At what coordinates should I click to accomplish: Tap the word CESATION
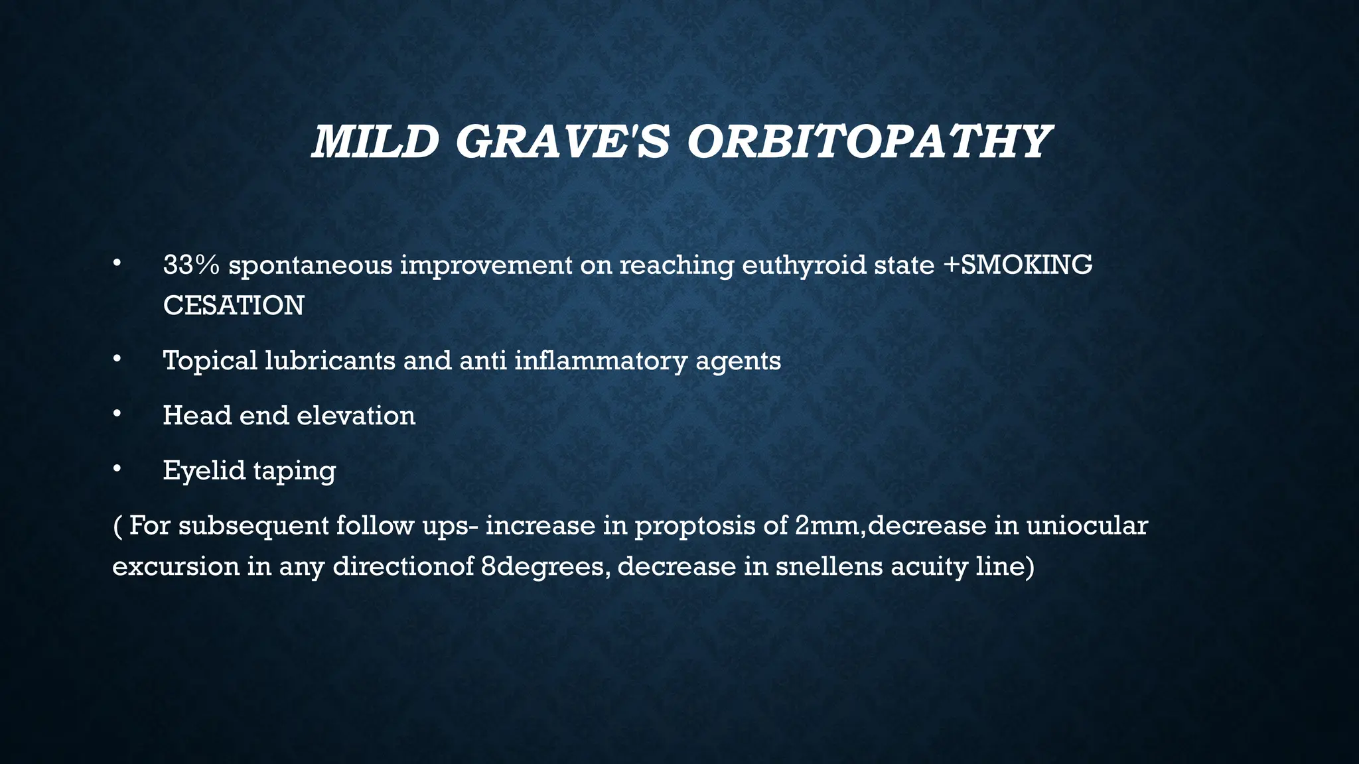click(x=234, y=306)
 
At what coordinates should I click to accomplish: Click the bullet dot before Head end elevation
click(x=117, y=414)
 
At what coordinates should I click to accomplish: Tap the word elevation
click(x=356, y=416)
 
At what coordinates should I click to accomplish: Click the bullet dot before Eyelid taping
click(x=117, y=470)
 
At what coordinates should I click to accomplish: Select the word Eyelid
click(x=204, y=472)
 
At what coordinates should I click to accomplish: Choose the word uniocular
click(x=1086, y=525)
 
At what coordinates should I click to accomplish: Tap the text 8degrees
click(x=545, y=568)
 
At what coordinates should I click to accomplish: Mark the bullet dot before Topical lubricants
click(x=117, y=359)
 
